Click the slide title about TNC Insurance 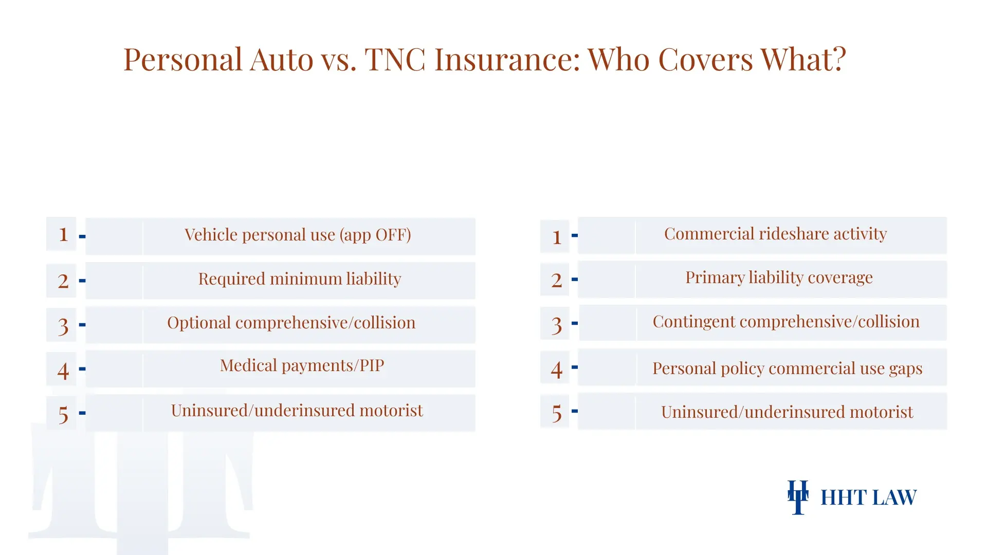(484, 60)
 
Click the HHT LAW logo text (868, 497)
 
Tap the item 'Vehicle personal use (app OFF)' (298, 235)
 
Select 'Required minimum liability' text (299, 279)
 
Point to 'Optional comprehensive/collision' (291, 323)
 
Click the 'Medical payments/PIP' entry (302, 365)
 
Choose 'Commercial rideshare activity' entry (775, 234)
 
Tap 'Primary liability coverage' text (779, 277)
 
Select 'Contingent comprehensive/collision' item (786, 322)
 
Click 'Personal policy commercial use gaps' (787, 368)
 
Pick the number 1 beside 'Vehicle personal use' (63, 235)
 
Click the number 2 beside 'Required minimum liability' (63, 281)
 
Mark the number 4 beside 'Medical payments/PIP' (63, 371)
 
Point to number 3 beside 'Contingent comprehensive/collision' (556, 325)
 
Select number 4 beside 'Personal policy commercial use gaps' (556, 369)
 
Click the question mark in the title (839, 60)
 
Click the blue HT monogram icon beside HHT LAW (798, 497)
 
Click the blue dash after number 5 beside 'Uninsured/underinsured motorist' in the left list (82, 413)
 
